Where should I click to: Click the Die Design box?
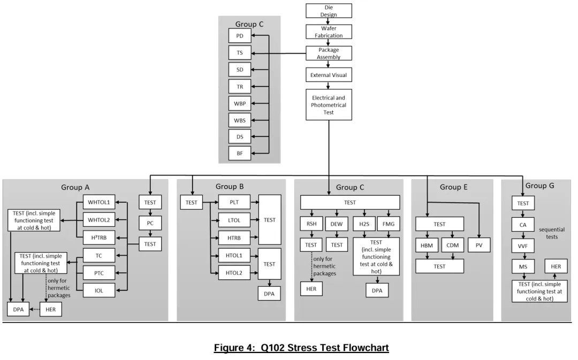329,11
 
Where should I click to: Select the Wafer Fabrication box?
329,32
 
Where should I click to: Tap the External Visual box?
329,75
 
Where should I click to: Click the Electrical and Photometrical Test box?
329,104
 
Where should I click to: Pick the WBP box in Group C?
239,103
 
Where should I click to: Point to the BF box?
239,154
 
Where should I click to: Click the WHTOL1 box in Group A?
98,202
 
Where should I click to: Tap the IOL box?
98,290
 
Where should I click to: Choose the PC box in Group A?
150,223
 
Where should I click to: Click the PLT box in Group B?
234,202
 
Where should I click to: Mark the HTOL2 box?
234,273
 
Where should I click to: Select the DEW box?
337,224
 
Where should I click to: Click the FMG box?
389,224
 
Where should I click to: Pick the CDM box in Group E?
452,245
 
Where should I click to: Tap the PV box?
480,245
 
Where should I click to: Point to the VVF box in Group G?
523,246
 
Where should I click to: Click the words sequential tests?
551,234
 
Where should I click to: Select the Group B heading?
230,187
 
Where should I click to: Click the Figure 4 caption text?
301,348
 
